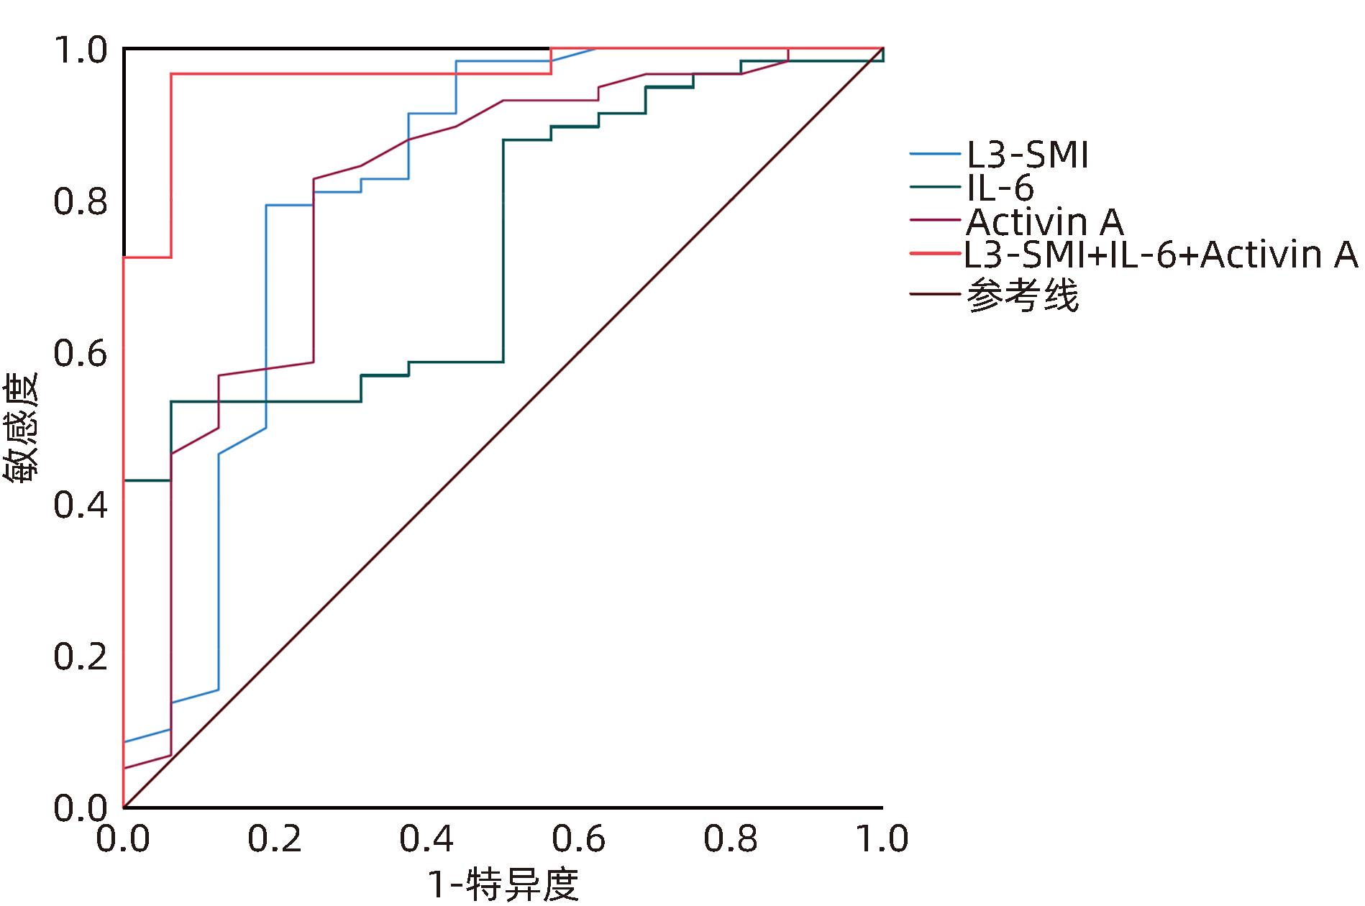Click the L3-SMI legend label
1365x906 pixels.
point(1026,155)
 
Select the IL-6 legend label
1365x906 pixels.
point(1000,188)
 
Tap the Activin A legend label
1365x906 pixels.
point(1044,222)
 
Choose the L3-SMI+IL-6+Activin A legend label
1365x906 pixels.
point(1161,255)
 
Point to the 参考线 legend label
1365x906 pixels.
point(1023,295)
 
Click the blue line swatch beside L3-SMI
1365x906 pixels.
point(936,154)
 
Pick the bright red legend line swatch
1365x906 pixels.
point(936,254)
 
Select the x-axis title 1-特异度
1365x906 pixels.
point(503,885)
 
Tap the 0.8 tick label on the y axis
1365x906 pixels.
point(80,202)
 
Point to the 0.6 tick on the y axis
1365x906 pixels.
point(80,354)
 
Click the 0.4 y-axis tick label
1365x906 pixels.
point(80,505)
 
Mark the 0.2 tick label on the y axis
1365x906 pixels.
point(80,657)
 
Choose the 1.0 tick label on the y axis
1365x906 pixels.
point(80,51)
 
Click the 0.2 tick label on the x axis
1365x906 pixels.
point(275,839)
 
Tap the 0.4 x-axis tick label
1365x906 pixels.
point(427,839)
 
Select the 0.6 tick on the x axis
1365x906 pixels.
point(579,839)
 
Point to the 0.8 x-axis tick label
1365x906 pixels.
point(731,839)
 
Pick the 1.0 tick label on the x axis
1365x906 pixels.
point(882,839)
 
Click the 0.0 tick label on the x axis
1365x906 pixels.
point(123,839)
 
